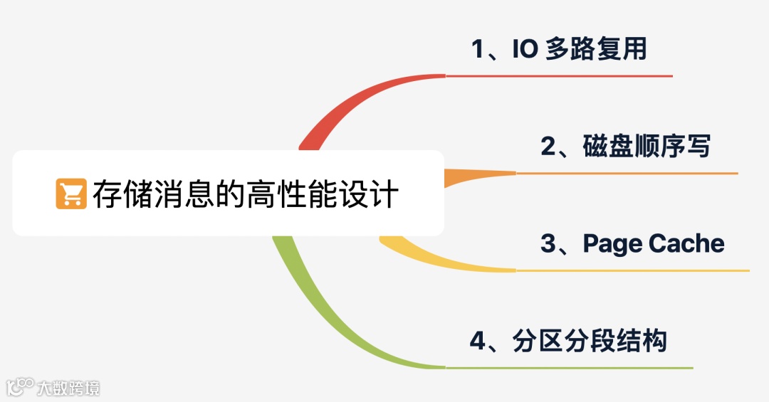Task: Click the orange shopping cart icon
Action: pyautogui.click(x=70, y=194)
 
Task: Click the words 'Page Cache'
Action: pyautogui.click(x=653, y=243)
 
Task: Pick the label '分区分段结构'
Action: pyautogui.click(x=590, y=341)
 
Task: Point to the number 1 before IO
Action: pyautogui.click(x=478, y=50)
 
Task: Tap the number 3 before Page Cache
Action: pyautogui.click(x=548, y=244)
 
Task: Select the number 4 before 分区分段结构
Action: pyautogui.click(x=478, y=341)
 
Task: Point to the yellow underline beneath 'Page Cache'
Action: pyautogui.click(x=634, y=270)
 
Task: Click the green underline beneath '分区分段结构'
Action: pyautogui.click(x=570, y=368)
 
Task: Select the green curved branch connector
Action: pyautogui.click(x=320, y=313)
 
